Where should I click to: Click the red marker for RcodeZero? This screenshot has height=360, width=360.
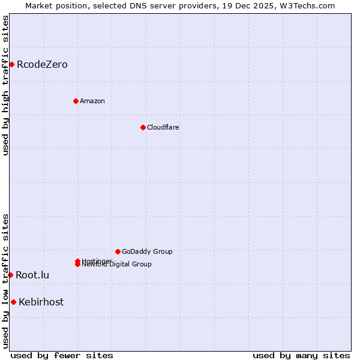11,64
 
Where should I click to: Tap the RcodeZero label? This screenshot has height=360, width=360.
42,65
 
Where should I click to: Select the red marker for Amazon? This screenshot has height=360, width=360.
76,101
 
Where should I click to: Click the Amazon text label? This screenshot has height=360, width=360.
92,101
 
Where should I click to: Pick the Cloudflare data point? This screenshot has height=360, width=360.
143,127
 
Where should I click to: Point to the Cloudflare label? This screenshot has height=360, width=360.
163,127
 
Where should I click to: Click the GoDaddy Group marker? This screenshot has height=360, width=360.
118,251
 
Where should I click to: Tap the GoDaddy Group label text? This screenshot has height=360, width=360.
147,252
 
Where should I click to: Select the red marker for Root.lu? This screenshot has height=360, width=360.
10,275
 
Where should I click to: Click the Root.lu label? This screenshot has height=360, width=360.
32,275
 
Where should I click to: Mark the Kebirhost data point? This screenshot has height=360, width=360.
13,302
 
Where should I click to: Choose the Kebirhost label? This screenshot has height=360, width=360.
41,302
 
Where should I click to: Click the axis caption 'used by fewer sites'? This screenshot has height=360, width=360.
62,355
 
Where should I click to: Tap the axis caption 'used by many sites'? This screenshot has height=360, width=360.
301,355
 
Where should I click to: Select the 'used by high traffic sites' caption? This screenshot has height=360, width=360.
6,85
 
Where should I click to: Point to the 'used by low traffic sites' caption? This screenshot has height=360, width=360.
6,281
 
